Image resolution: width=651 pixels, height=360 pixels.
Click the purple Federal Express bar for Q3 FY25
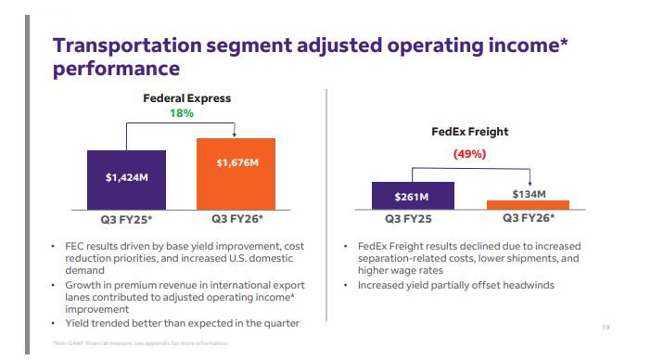(x=127, y=180)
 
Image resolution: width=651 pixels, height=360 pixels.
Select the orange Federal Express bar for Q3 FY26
(x=236, y=174)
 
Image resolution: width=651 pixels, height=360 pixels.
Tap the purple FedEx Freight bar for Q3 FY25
(x=413, y=196)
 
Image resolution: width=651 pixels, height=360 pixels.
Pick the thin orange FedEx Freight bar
(x=528, y=205)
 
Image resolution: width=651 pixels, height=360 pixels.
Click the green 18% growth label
(x=182, y=113)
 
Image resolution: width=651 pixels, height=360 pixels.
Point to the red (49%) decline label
(x=469, y=154)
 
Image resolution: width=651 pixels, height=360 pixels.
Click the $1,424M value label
(x=127, y=178)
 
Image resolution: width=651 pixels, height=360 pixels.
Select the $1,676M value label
(x=237, y=162)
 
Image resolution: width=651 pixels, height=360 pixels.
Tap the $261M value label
(x=412, y=197)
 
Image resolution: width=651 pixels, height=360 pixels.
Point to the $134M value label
(x=529, y=194)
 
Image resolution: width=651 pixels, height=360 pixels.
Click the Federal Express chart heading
(x=186, y=98)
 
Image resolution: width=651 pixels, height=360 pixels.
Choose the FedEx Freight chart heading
(x=469, y=132)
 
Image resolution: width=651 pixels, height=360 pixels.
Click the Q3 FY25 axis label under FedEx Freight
(x=408, y=219)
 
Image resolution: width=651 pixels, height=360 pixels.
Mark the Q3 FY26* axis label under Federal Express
(x=237, y=219)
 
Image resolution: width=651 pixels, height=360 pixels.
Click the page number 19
(x=606, y=328)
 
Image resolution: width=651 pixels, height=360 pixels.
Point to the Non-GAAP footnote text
(x=140, y=343)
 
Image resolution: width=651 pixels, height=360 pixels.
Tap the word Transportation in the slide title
(x=127, y=45)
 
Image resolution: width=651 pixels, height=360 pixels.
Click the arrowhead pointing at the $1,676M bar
(x=235, y=135)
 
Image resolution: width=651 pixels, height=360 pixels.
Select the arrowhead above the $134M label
(x=530, y=183)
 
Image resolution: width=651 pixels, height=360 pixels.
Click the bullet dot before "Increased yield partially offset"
(x=345, y=285)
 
